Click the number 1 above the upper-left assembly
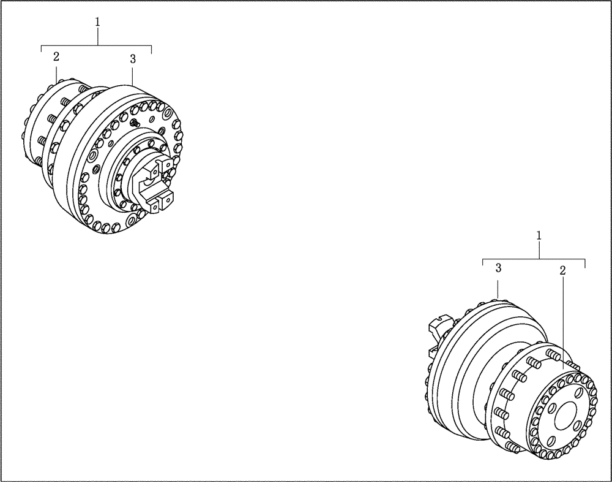[x=97, y=21]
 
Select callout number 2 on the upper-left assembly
[x=56, y=57]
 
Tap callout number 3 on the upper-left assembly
[x=133, y=59]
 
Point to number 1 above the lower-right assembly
[x=539, y=235]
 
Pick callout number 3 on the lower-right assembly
[x=499, y=268]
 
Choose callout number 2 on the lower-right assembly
[x=562, y=270]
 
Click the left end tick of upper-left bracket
[x=41, y=50]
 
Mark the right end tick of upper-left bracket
[x=152, y=50]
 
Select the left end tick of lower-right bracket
[x=483, y=264]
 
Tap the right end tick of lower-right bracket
[x=586, y=264]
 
